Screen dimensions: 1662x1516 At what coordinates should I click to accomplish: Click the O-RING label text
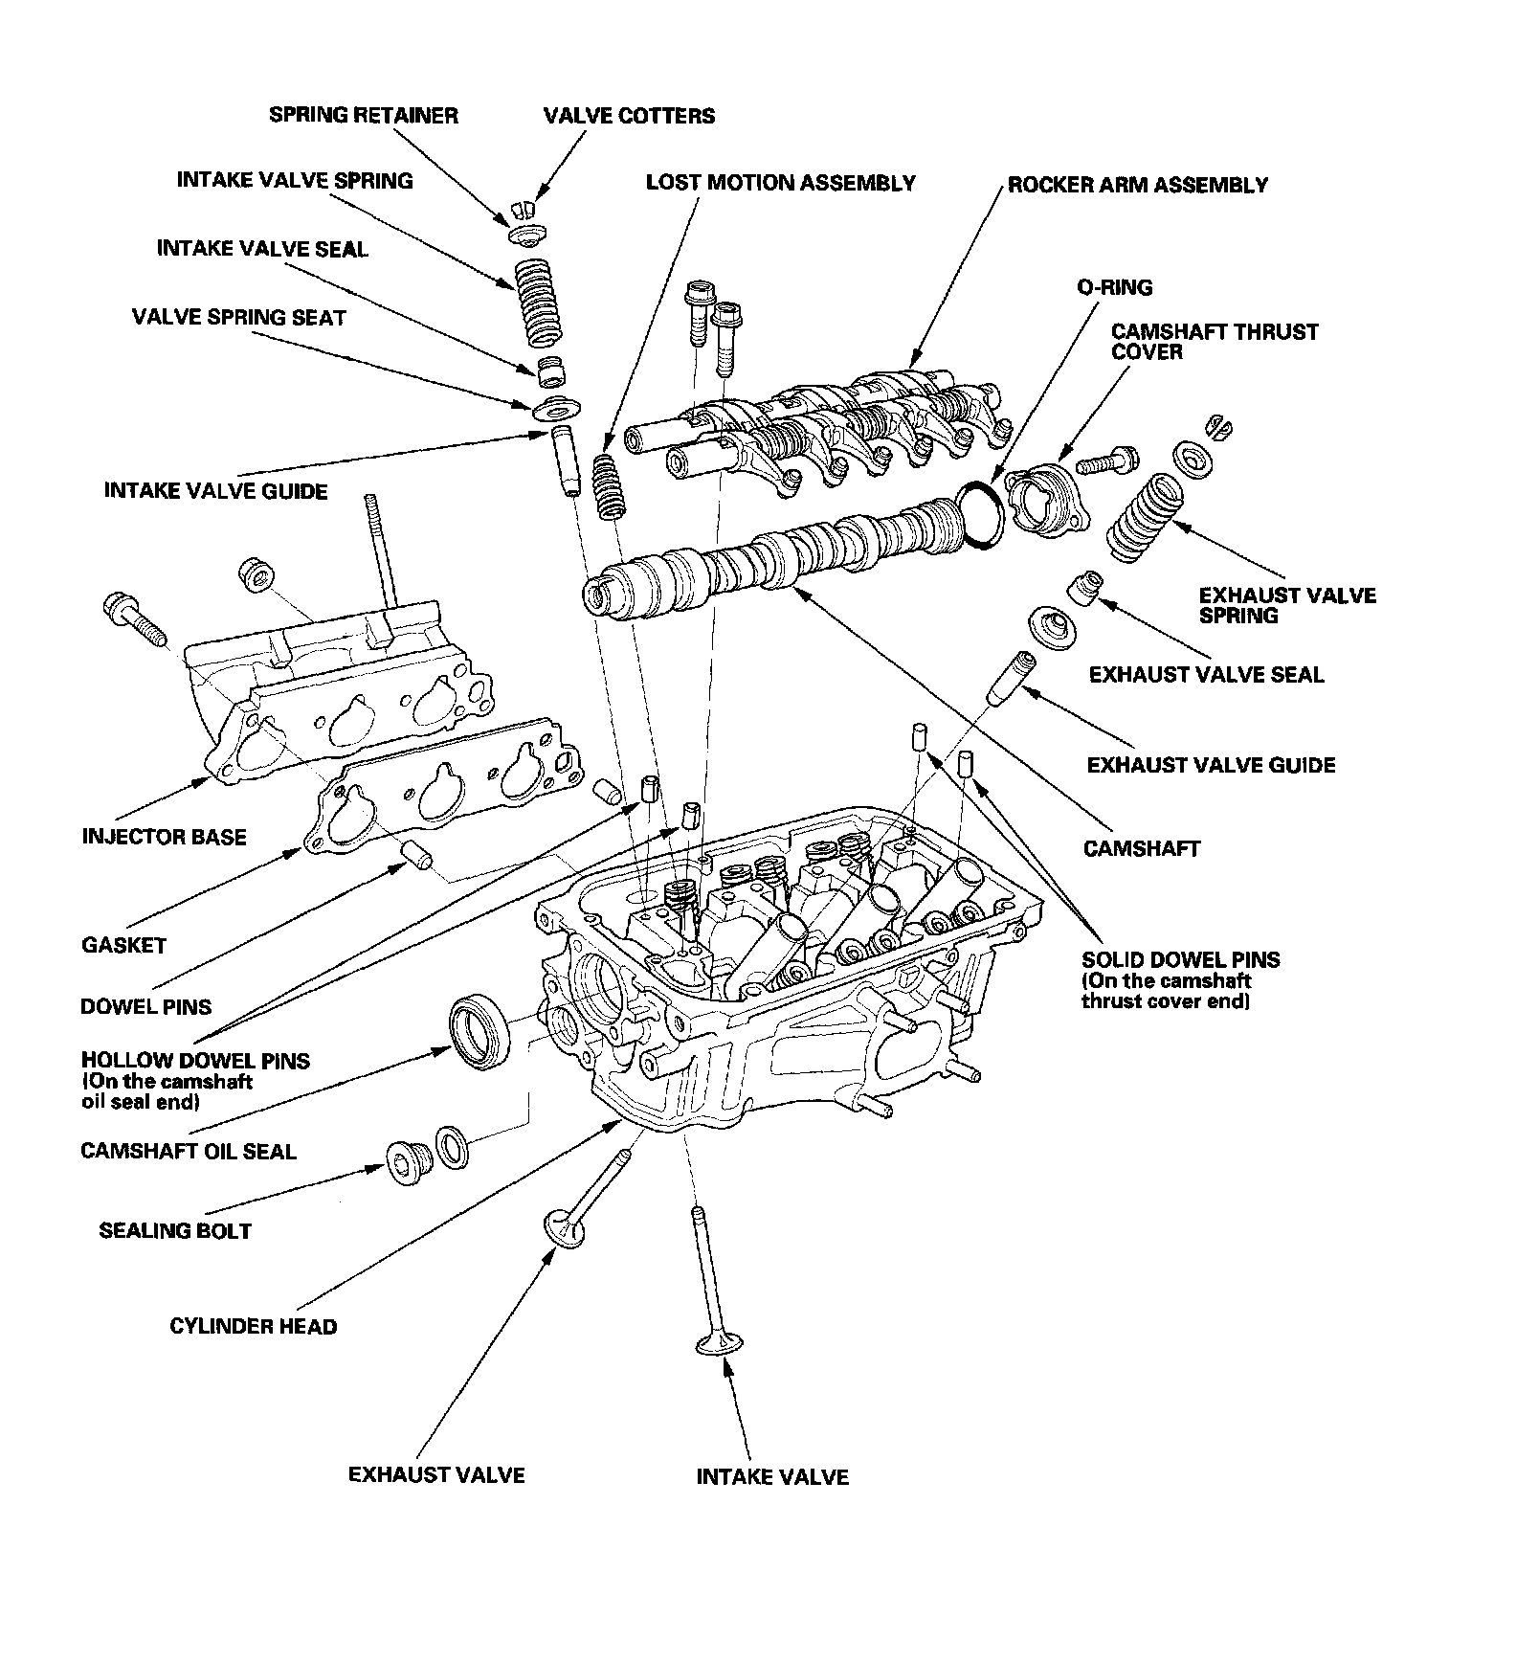pyautogui.click(x=1114, y=287)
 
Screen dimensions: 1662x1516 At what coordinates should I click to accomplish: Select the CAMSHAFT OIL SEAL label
pyautogui.click(x=189, y=1151)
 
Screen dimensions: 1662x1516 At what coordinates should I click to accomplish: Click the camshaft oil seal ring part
pyautogui.click(x=479, y=1029)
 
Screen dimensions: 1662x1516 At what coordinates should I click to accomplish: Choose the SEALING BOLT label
pyautogui.click(x=175, y=1230)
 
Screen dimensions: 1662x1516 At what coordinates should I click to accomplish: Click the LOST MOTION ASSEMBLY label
pyautogui.click(x=780, y=183)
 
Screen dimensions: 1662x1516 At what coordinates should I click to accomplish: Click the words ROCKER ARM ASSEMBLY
pyautogui.click(x=1138, y=185)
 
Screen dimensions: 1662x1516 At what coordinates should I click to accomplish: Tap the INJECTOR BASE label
pyautogui.click(x=165, y=837)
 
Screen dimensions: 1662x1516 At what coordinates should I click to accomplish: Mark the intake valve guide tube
pyautogui.click(x=565, y=462)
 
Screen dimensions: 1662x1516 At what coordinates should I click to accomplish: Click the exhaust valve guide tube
pyautogui.click(x=1012, y=680)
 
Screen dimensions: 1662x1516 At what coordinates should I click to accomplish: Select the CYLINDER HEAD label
pyautogui.click(x=253, y=1326)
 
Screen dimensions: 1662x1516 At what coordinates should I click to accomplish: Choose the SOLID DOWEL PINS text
pyautogui.click(x=1180, y=959)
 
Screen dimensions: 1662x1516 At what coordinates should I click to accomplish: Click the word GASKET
pyautogui.click(x=124, y=945)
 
